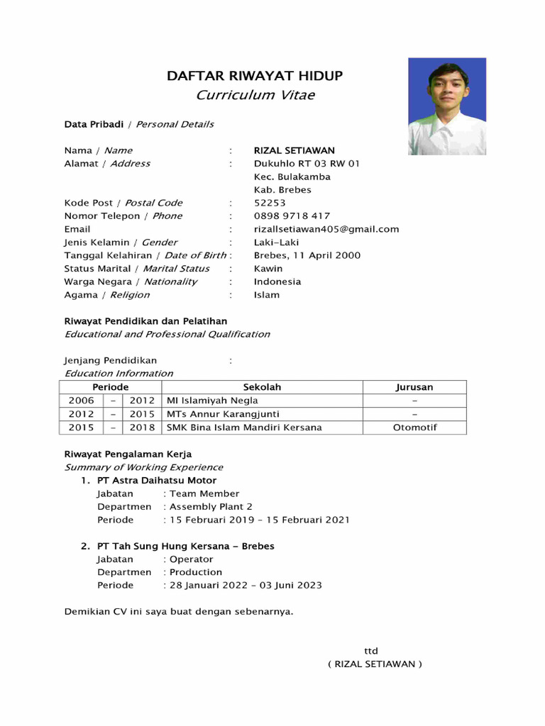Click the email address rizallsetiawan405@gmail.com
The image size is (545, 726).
pyautogui.click(x=326, y=229)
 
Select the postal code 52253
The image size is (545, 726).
pyautogui.click(x=270, y=203)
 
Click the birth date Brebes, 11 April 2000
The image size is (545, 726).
pyautogui.click(x=307, y=255)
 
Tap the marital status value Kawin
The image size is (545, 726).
pyautogui.click(x=268, y=269)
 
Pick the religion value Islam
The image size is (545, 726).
pyautogui.click(x=267, y=295)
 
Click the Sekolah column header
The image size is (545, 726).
pyautogui.click(x=262, y=387)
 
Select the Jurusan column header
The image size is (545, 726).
pyautogui.click(x=414, y=387)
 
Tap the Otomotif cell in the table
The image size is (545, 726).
pyautogui.click(x=414, y=428)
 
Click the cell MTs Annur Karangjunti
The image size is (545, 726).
pyautogui.click(x=223, y=414)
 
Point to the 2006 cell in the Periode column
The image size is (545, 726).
pyautogui.click(x=81, y=401)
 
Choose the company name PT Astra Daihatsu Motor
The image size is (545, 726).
pyautogui.click(x=157, y=481)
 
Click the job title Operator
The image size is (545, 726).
pyautogui.click(x=191, y=559)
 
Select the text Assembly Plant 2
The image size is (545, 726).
pyautogui.click(x=211, y=507)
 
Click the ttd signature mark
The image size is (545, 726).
pyautogui.click(x=371, y=651)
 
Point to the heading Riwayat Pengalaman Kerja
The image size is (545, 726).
pyautogui.click(x=128, y=454)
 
